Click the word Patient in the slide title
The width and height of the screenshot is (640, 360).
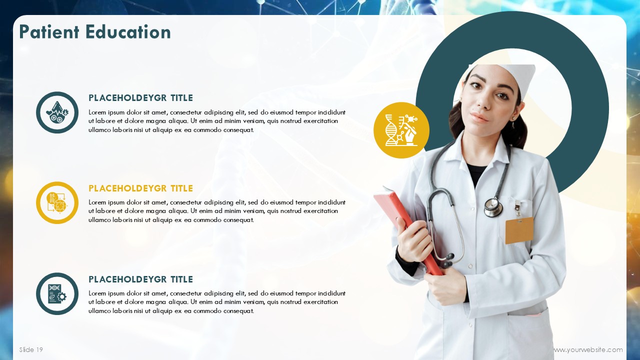click(49, 32)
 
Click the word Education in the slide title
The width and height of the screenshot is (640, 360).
click(128, 32)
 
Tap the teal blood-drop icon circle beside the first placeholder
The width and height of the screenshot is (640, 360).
click(57, 112)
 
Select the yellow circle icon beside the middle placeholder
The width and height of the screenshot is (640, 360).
click(57, 202)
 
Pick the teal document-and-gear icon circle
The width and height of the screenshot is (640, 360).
click(57, 293)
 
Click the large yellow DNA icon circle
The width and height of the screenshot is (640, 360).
click(401, 130)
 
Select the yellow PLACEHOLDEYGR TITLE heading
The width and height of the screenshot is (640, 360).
click(140, 188)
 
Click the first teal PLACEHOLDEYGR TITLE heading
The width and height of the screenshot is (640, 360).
click(140, 98)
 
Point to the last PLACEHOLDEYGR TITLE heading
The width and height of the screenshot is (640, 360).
click(140, 279)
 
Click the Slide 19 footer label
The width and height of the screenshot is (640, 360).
click(31, 349)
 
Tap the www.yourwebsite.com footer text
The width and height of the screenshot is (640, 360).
click(588, 349)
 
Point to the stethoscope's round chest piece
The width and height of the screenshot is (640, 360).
click(493, 207)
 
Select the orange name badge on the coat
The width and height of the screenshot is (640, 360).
click(519, 230)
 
